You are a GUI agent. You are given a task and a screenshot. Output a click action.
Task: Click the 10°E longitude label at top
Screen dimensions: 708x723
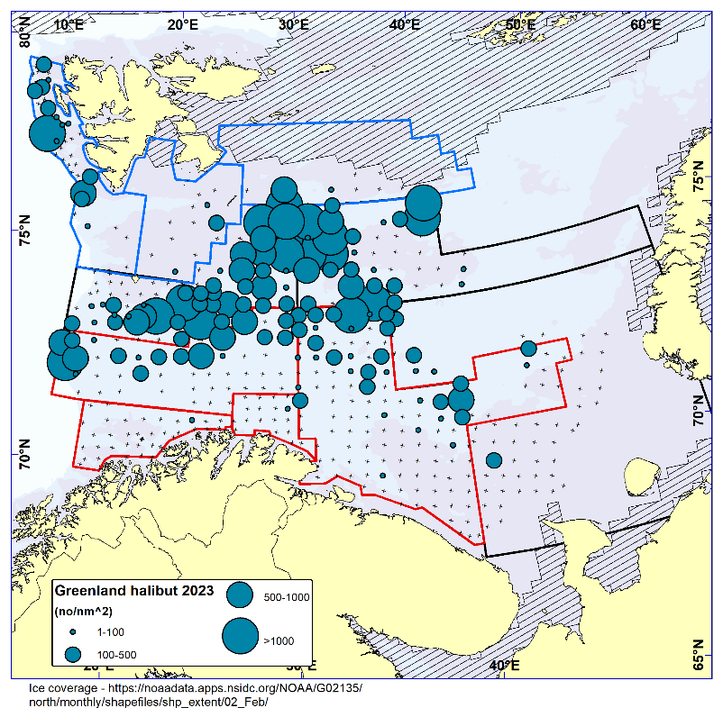(x=69, y=25)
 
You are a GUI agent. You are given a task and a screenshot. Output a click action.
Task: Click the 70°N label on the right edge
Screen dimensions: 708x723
(x=700, y=410)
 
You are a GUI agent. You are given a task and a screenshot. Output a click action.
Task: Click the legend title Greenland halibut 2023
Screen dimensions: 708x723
(x=134, y=591)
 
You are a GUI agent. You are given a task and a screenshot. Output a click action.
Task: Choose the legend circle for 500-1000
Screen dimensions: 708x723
(x=240, y=595)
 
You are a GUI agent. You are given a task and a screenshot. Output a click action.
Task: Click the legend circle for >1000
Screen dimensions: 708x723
(x=240, y=637)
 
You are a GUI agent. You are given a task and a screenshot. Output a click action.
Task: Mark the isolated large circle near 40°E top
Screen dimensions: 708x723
(x=423, y=204)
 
